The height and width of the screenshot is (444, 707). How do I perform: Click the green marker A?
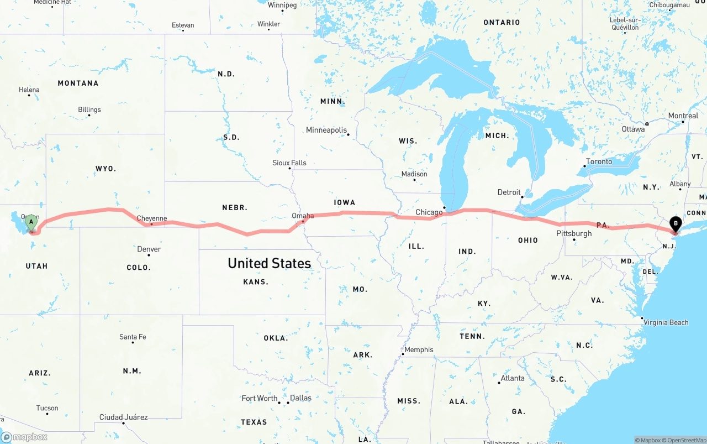coord(31,223)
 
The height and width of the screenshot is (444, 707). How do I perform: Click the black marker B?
coord(674,224)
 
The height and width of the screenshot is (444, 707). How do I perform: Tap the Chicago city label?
coord(429,212)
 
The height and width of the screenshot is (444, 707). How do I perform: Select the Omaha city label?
coord(303,216)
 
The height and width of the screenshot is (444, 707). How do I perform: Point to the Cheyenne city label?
coord(151,218)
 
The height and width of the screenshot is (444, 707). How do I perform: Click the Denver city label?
coord(149,249)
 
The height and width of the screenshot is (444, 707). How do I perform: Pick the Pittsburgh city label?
coord(574,233)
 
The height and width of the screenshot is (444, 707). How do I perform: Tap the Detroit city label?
coord(509,192)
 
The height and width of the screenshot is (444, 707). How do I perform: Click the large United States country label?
coord(269,263)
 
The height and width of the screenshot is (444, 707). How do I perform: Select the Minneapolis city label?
coord(326,130)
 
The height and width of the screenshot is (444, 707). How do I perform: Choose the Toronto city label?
coord(599,161)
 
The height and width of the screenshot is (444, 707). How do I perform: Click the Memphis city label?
coord(419,349)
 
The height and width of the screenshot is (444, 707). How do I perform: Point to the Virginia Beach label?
coord(666,322)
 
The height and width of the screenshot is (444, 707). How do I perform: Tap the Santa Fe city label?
coord(133,337)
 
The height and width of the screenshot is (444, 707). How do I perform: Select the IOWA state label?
coord(344,202)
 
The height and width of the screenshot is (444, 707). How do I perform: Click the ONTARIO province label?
coord(502,22)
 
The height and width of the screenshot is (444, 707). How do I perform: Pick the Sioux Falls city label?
coord(289,163)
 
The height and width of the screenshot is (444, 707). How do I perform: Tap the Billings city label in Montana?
coord(89,109)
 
